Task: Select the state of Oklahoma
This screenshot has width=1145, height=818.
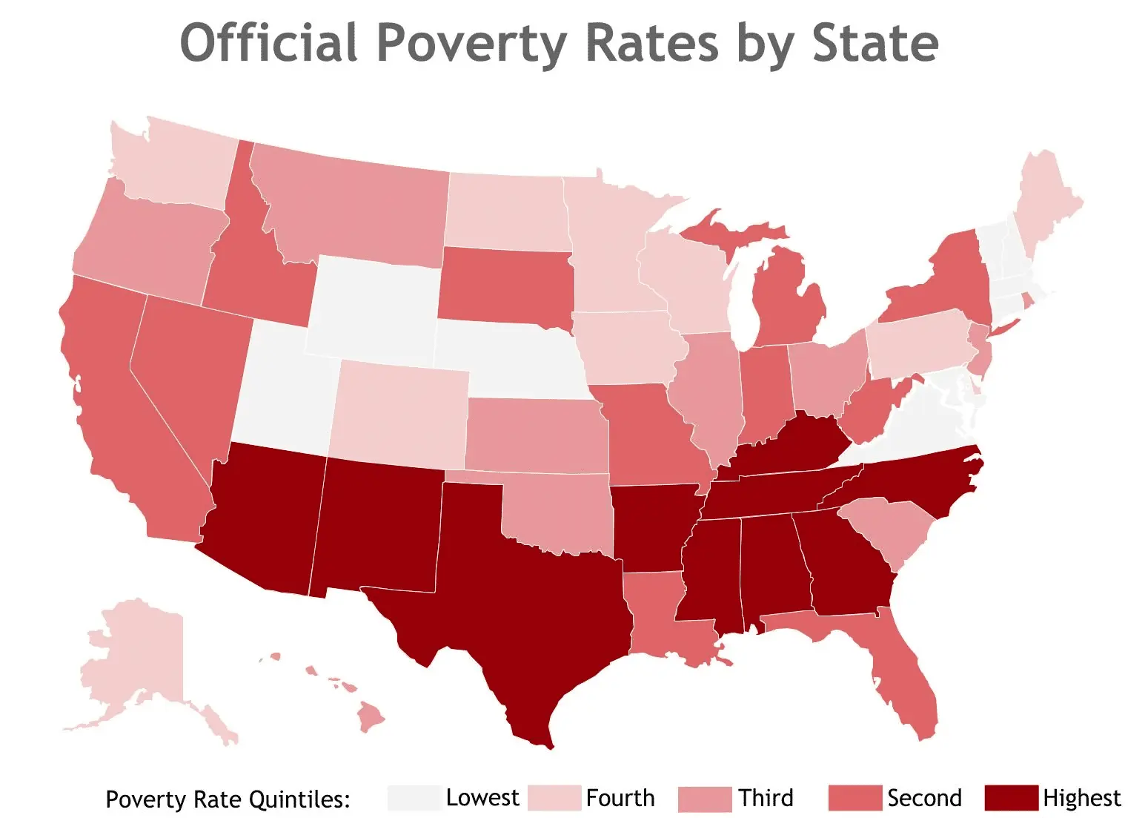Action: pyautogui.click(x=563, y=512)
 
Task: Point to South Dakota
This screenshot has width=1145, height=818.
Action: pyautogui.click(x=504, y=286)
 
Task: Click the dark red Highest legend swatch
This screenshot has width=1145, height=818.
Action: pyautogui.click(x=1011, y=798)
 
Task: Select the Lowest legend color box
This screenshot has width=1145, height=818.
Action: pyautogui.click(x=414, y=798)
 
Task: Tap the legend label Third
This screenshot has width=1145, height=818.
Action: pyautogui.click(x=766, y=798)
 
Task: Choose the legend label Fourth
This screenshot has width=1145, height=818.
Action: pyautogui.click(x=620, y=798)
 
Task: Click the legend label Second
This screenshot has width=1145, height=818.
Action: pyautogui.click(x=924, y=798)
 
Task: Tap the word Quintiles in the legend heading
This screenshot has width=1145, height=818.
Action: pyautogui.click(x=300, y=799)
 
